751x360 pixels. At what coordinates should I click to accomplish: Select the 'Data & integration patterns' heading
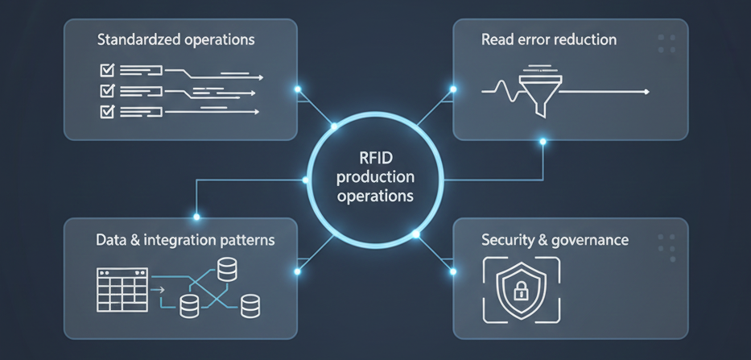[184, 240]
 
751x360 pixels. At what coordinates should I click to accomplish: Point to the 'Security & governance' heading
[555, 240]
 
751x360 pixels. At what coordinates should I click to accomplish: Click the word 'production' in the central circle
[375, 177]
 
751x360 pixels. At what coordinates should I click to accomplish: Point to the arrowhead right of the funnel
[646, 93]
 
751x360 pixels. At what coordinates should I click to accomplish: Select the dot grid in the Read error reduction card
[666, 43]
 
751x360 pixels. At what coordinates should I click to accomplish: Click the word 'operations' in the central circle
[375, 196]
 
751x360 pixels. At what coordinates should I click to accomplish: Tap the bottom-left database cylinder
[190, 304]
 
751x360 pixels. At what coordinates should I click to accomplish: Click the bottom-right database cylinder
[250, 304]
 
